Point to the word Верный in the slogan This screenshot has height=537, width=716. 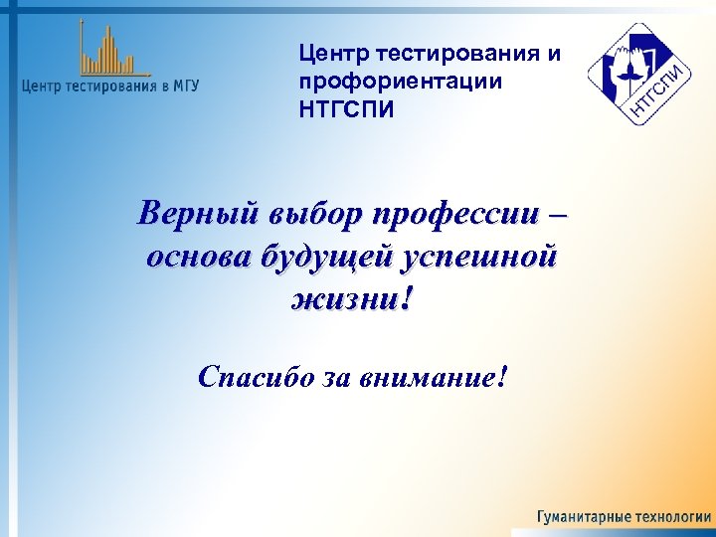pos(196,213)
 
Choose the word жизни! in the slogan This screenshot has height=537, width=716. pos(350,299)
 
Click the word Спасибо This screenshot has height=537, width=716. pos(255,377)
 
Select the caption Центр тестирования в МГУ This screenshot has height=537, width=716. pos(110,86)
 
